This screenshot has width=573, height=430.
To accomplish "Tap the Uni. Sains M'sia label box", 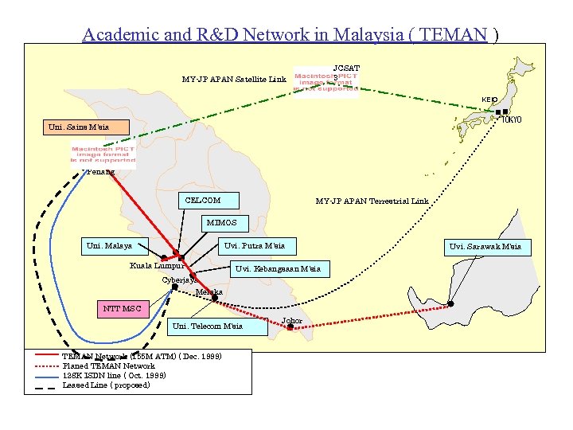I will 76,127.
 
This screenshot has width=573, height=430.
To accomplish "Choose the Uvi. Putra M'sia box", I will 255,245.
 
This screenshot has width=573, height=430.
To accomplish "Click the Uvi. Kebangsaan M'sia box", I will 278,269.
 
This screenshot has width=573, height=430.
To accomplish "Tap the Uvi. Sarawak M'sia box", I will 485,247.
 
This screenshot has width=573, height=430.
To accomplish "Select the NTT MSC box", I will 122,308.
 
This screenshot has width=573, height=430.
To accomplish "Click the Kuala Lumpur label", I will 157,265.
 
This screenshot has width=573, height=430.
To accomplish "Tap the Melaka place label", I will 209,292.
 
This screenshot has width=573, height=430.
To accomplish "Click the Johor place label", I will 292,321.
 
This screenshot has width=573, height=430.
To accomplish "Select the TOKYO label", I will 512,120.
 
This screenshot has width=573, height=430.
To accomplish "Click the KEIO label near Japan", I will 489,100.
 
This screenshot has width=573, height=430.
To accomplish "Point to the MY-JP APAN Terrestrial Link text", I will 372,201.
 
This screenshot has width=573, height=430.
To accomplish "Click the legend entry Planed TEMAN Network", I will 107,366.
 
